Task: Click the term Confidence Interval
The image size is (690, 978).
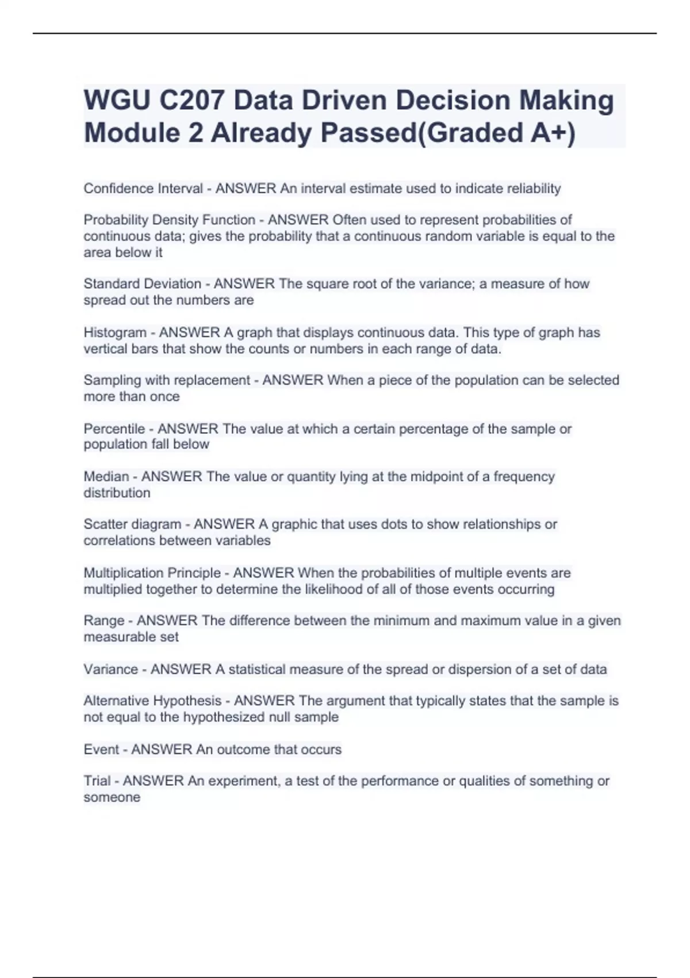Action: click(143, 189)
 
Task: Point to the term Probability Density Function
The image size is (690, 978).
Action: click(170, 220)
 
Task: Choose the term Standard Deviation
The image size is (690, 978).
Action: click(143, 284)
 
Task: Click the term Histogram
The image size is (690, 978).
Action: click(115, 333)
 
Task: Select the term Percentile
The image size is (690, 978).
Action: click(114, 429)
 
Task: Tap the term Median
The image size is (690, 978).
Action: click(106, 476)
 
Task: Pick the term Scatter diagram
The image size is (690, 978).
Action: click(132, 524)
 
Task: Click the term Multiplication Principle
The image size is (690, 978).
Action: click(152, 573)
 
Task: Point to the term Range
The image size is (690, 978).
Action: click(104, 621)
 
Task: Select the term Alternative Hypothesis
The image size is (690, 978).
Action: click(152, 701)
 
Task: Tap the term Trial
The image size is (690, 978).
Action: click(97, 781)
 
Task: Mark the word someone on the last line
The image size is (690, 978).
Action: click(112, 797)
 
